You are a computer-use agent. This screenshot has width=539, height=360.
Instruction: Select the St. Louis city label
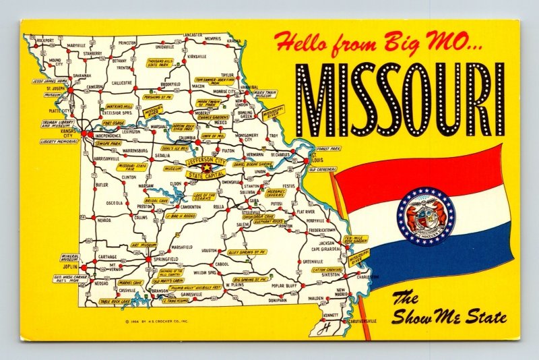click(x=317, y=160)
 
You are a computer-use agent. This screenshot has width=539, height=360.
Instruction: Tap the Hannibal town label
click(x=249, y=87)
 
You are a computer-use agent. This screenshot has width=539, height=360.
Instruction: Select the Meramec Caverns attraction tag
click(x=276, y=192)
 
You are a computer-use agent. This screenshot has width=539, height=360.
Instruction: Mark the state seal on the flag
click(x=425, y=216)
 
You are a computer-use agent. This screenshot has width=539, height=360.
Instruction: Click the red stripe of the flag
click(x=418, y=173)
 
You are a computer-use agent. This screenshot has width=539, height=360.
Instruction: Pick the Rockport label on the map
click(x=44, y=40)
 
